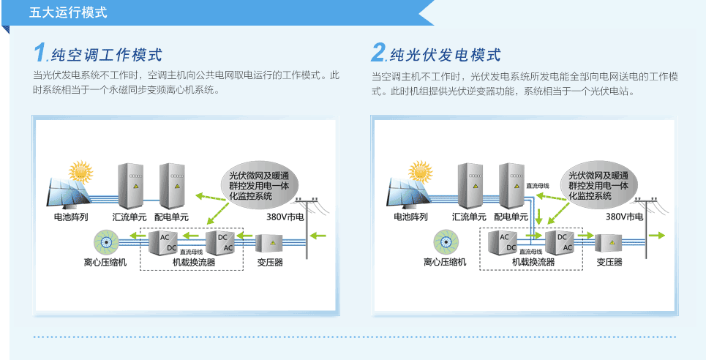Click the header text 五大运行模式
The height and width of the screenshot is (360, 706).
[68, 12]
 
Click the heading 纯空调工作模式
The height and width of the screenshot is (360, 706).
[107, 55]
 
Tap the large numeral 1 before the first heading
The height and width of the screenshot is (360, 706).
[40, 53]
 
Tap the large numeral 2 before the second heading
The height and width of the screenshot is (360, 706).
[378, 53]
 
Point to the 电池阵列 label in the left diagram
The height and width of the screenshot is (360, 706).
[71, 217]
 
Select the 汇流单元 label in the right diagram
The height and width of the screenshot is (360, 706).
[469, 217]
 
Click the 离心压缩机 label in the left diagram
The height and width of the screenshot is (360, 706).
[105, 262]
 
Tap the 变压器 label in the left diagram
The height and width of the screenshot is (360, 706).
[270, 262]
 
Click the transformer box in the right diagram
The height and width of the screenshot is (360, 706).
[609, 243]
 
